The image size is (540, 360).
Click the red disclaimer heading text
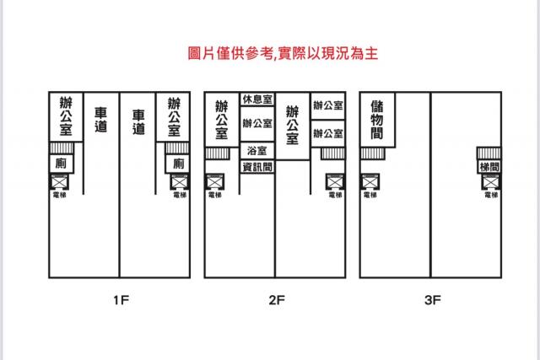[x=283, y=53]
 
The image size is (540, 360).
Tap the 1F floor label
[x=121, y=300]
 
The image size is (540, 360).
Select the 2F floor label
[x=277, y=300]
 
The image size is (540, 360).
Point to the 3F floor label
[x=433, y=300]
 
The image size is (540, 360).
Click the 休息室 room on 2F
[x=257, y=99]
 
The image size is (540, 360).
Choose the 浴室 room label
[x=257, y=151]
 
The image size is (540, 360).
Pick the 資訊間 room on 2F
[x=257, y=167]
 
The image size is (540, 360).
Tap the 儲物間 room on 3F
[x=377, y=120]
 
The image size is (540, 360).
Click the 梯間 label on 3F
[x=489, y=167]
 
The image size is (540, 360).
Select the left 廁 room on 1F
[x=62, y=164]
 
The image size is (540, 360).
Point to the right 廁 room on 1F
[x=178, y=164]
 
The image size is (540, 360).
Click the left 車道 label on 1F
[x=101, y=120]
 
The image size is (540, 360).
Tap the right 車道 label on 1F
[x=138, y=122]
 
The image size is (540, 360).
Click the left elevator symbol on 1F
[x=60, y=182]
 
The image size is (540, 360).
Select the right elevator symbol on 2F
[x=336, y=182]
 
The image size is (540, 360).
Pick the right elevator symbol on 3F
[x=491, y=182]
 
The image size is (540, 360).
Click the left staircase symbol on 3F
[x=372, y=153]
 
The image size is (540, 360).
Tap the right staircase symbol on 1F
[x=177, y=148]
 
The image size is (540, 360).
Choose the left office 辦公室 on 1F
[x=66, y=116]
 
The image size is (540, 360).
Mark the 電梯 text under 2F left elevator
[x=215, y=195]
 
